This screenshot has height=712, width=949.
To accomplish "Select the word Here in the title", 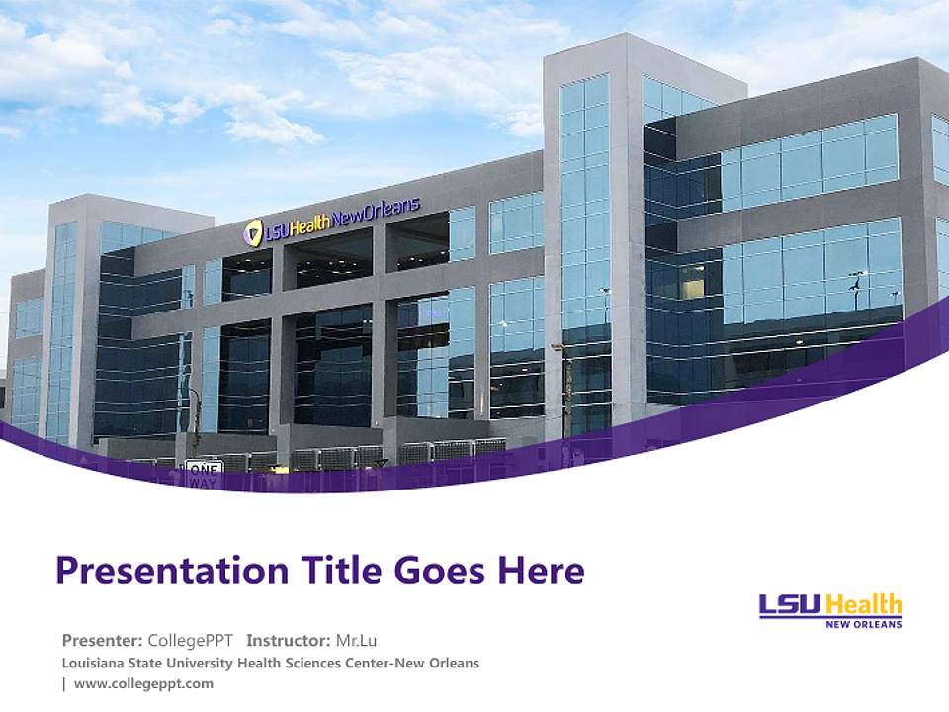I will (540, 571).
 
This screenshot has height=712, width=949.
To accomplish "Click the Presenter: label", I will (103, 640).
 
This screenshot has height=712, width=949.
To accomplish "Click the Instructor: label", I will (289, 640).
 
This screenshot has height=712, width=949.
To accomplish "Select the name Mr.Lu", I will (357, 640).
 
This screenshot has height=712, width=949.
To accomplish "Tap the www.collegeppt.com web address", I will (143, 683).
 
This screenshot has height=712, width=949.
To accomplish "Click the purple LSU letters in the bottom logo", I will (790, 605).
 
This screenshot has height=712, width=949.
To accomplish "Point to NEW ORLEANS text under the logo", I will (863, 624).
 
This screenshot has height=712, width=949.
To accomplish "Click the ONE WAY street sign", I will (204, 472).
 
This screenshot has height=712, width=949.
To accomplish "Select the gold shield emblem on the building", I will (254, 233).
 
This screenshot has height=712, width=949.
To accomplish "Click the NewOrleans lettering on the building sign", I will (376, 215).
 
